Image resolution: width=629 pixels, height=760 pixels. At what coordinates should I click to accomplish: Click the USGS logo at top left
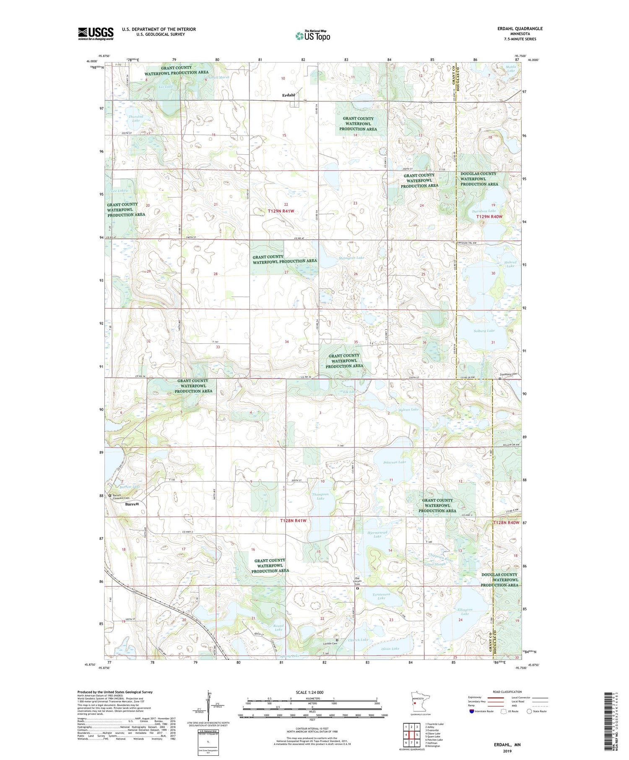click(x=96, y=34)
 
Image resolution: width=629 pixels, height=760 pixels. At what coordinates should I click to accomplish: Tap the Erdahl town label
click(x=289, y=95)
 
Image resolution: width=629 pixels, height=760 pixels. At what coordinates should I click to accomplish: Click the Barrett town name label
click(x=132, y=504)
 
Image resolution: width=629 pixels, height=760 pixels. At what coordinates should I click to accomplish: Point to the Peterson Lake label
click(x=395, y=462)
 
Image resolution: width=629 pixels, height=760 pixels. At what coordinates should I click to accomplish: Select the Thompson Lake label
click(x=320, y=496)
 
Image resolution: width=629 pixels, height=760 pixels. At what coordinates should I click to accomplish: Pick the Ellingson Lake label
click(x=465, y=612)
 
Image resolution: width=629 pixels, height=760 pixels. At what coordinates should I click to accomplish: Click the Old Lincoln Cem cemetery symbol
click(x=358, y=588)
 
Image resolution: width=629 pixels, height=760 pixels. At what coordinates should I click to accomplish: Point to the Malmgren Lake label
click(x=351, y=258)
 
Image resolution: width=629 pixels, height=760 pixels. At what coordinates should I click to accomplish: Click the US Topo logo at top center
click(x=312, y=36)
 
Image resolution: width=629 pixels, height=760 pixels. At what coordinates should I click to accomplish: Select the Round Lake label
click(x=278, y=628)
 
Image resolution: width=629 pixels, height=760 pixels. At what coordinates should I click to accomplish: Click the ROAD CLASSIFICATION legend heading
click(x=507, y=692)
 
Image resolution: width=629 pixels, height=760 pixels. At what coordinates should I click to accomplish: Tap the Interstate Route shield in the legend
click(x=472, y=711)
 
